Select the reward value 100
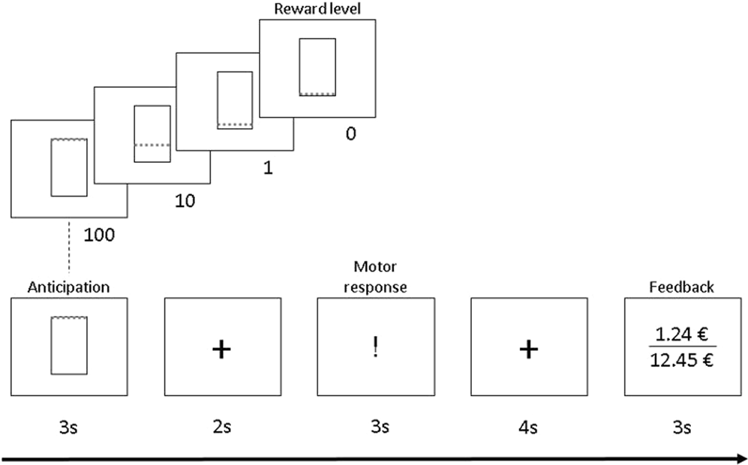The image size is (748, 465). (100, 235)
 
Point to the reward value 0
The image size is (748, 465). (350, 134)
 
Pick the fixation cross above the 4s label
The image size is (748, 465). (528, 349)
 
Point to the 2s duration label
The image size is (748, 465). (222, 427)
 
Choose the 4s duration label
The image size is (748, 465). (528, 427)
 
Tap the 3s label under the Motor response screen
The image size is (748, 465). (375, 427)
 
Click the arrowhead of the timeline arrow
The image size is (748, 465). (741, 456)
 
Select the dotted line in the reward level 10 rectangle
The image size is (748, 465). (152, 145)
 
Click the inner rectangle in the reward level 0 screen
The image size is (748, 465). (317, 67)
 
